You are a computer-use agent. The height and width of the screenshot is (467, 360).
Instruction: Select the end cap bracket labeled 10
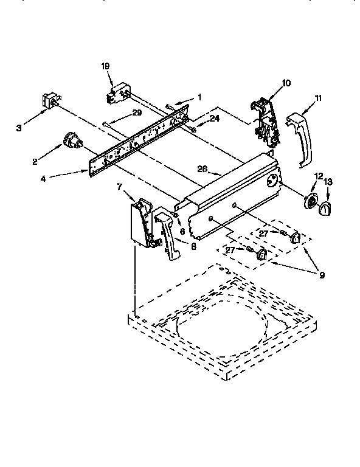[x=266, y=121]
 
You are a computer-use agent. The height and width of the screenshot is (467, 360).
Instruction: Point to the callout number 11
[x=317, y=98]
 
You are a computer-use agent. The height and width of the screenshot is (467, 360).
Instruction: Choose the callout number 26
[x=202, y=169]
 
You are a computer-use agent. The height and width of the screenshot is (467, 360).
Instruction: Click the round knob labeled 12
[x=312, y=201]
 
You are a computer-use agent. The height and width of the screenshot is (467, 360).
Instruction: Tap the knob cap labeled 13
[x=326, y=207]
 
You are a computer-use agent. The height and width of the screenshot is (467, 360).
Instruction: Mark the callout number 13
[x=329, y=182]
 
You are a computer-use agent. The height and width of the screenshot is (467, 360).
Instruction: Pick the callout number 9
[x=321, y=275]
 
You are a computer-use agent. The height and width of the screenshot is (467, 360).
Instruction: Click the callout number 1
[x=199, y=97]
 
